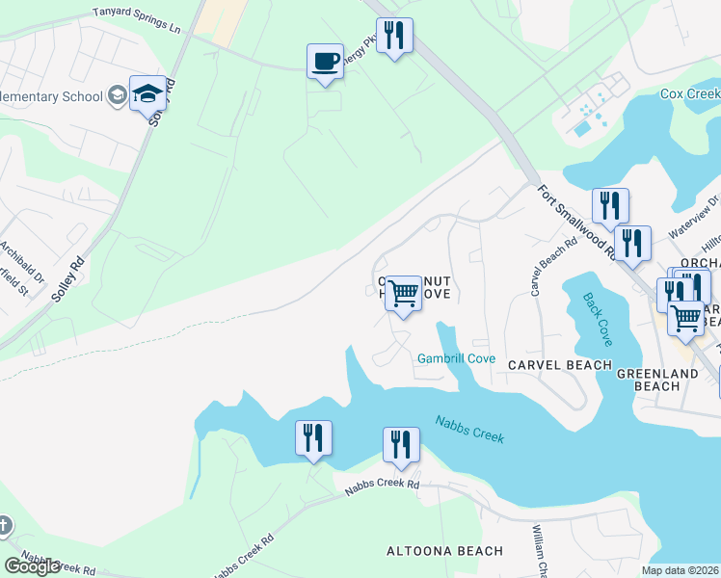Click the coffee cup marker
(325, 63)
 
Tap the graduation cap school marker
(147, 94)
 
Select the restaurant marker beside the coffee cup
(394, 37)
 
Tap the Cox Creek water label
(689, 94)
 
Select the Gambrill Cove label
(456, 359)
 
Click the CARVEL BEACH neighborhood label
(559, 365)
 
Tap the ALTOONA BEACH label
(444, 551)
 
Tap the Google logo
(32, 566)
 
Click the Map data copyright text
(681, 570)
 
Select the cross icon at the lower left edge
(4, 526)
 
